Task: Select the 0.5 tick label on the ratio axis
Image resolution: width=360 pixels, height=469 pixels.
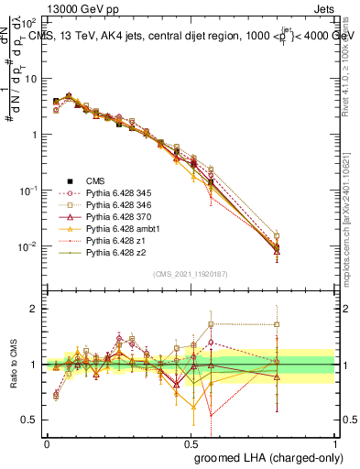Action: tap(28, 420)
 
